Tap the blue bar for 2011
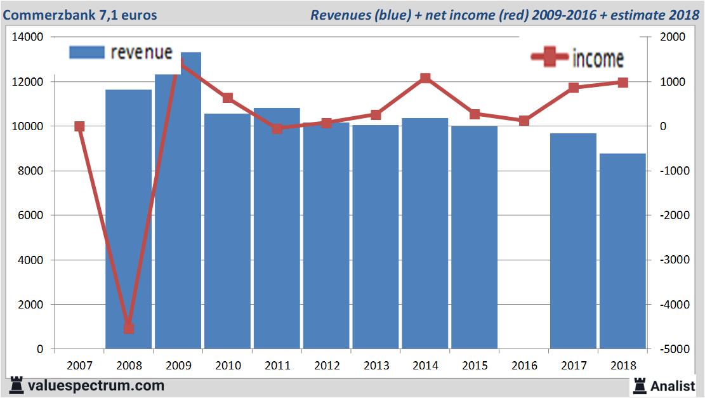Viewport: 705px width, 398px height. (x=277, y=229)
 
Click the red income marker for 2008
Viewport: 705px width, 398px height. (x=129, y=328)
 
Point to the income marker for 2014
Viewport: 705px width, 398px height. (x=425, y=79)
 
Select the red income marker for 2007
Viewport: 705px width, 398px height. (x=79, y=126)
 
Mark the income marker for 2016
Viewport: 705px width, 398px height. (x=524, y=121)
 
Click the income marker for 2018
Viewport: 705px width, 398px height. (x=623, y=83)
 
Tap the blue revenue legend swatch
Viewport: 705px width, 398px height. (x=86, y=53)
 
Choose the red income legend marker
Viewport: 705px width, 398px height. (x=549, y=58)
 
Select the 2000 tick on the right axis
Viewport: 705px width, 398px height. (x=671, y=37)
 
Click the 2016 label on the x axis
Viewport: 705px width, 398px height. (x=524, y=366)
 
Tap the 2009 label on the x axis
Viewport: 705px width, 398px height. (x=178, y=366)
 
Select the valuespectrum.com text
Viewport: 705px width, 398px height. (x=96, y=385)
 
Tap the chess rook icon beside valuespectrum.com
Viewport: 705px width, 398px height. (x=16, y=385)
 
